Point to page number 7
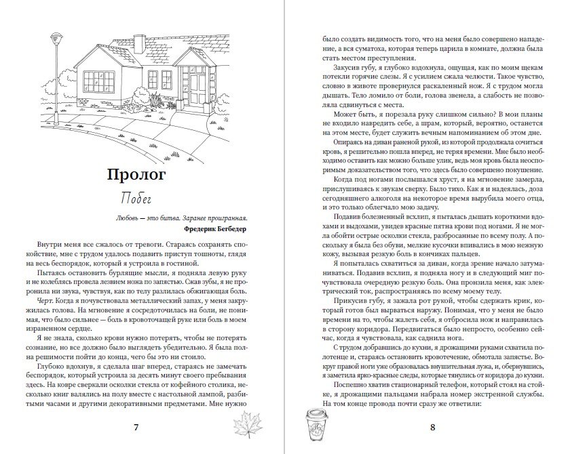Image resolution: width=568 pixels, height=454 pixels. pos(136,427)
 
